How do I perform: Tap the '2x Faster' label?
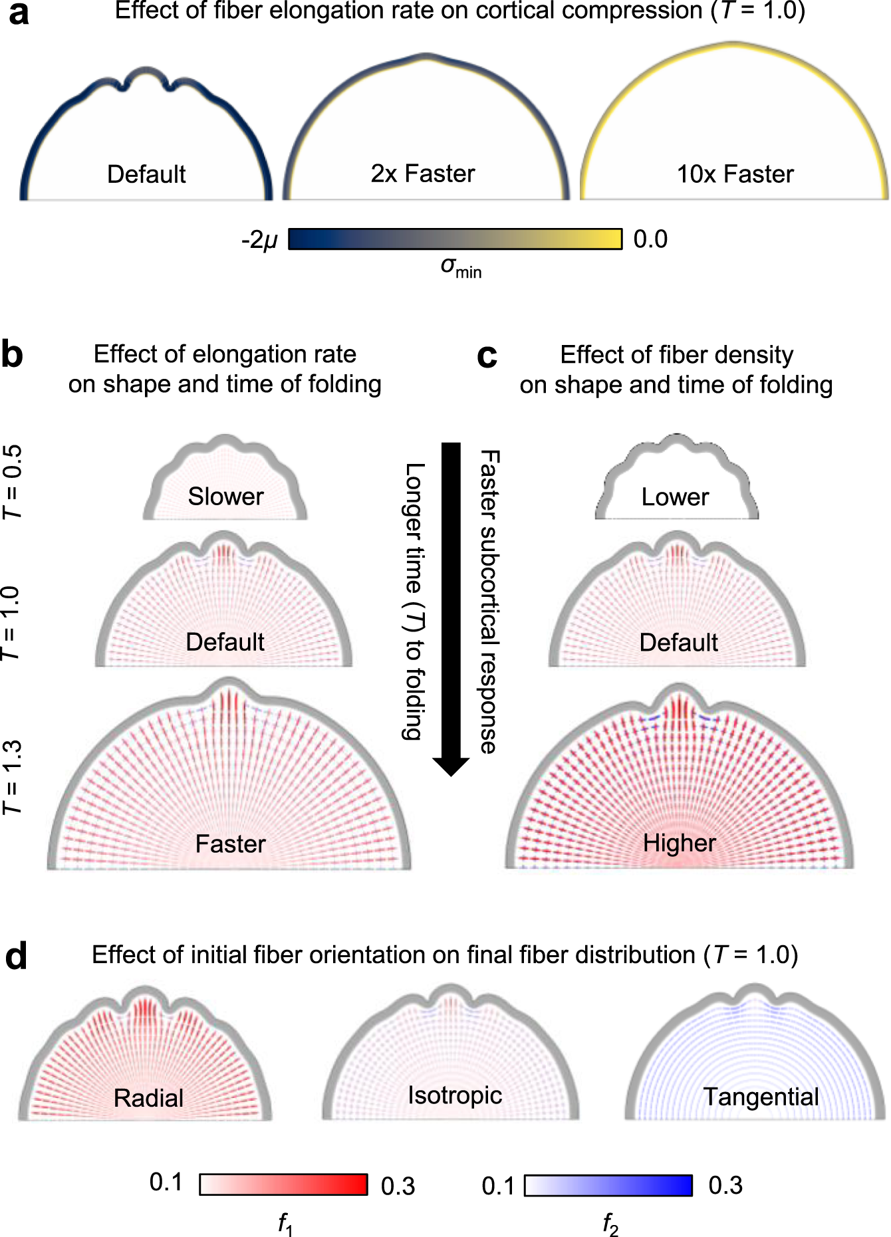click(x=423, y=173)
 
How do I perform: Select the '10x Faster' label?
click(x=735, y=174)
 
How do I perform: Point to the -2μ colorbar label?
click(x=260, y=239)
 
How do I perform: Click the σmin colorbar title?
click(x=461, y=267)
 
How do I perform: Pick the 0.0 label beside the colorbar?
click(x=650, y=239)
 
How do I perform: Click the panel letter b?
click(x=12, y=354)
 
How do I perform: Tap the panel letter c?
click(x=487, y=356)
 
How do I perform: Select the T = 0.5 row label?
click(x=13, y=482)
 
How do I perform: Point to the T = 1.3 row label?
click(x=13, y=777)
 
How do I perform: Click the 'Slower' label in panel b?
click(x=225, y=497)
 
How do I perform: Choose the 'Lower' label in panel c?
click(x=675, y=497)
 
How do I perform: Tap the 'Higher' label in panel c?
click(x=679, y=843)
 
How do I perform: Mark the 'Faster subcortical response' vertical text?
click(x=489, y=602)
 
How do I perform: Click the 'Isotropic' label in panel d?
click(x=455, y=1095)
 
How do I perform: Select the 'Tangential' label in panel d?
click(x=761, y=1097)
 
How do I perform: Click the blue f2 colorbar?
click(x=608, y=1185)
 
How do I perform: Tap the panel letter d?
click(x=16, y=956)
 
